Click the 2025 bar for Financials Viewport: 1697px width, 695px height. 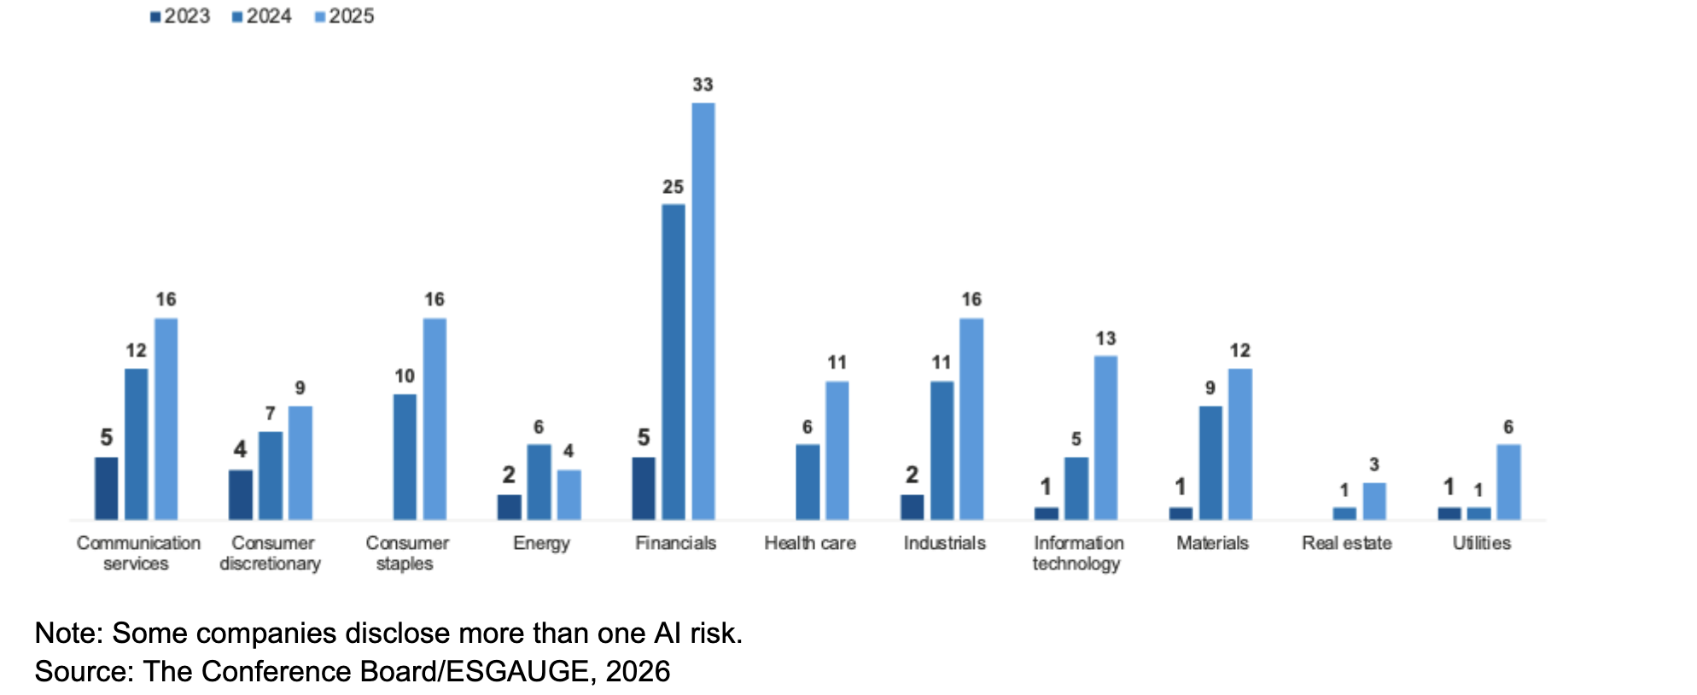[x=703, y=311]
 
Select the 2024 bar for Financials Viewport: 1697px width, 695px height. [x=673, y=361]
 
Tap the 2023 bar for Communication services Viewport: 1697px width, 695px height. [x=107, y=488]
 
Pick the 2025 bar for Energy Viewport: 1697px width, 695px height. [x=569, y=494]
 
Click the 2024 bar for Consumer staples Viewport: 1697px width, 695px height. [x=405, y=457]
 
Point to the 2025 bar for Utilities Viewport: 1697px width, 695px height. [x=1508, y=482]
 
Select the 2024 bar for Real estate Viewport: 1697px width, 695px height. [x=1344, y=513]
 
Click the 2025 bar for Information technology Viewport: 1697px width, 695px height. [x=1105, y=437]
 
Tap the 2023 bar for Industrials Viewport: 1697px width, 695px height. [x=912, y=506]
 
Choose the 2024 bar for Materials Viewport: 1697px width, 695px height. [x=1210, y=463]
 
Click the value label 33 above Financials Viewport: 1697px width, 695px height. [x=703, y=85]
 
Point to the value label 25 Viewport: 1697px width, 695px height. [x=673, y=187]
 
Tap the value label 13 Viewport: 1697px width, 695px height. [x=1105, y=339]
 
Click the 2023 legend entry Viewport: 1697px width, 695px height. [x=180, y=16]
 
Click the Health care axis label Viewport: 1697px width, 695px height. [x=809, y=543]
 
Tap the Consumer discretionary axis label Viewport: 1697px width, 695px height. [x=271, y=553]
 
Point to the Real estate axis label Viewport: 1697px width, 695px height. [x=1346, y=543]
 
